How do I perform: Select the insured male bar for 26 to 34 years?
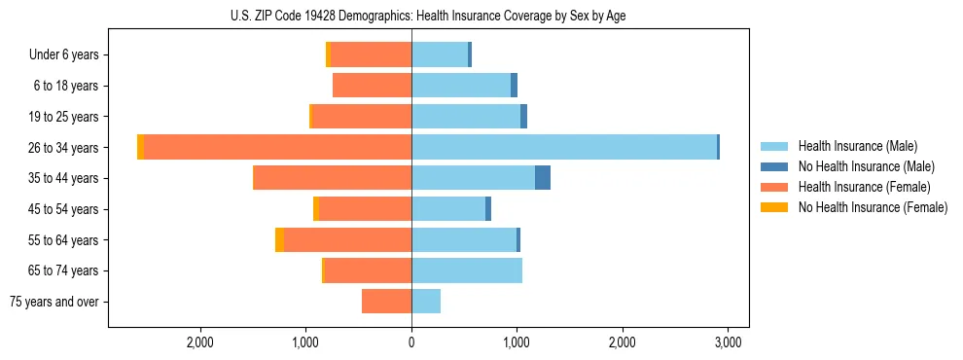[564, 147]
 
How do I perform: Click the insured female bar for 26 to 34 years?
[277, 147]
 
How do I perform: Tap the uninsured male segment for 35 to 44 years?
[543, 178]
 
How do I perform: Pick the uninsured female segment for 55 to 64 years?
[280, 239]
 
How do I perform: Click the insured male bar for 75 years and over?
[426, 302]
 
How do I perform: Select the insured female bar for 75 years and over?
[387, 302]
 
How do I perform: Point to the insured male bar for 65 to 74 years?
[467, 270]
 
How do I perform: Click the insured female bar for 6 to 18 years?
[373, 86]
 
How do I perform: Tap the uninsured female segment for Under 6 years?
[329, 54]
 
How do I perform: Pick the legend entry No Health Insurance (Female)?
[873, 207]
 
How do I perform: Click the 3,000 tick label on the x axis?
[729, 342]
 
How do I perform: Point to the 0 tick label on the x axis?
[411, 342]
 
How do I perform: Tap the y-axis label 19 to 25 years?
[64, 117]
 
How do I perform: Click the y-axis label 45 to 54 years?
[64, 209]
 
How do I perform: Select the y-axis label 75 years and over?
[54, 302]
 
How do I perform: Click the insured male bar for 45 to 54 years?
[448, 209]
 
